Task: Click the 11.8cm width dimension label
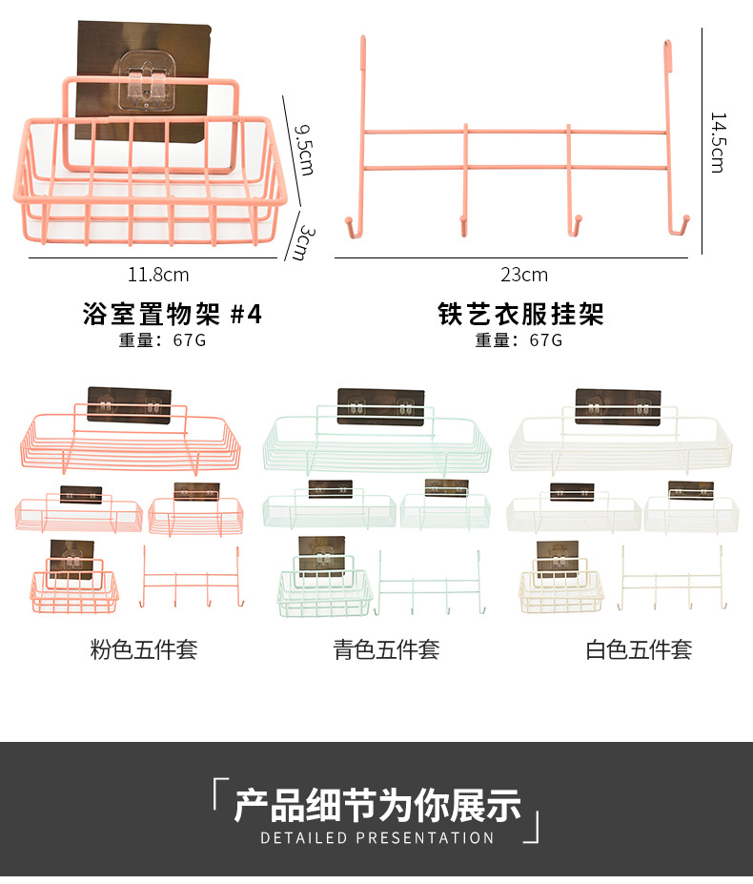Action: (159, 275)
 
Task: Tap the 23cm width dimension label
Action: (524, 275)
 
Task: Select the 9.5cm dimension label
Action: (303, 148)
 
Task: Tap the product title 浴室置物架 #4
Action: (172, 314)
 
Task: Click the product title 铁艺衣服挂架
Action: (520, 314)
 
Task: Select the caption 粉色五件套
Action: (144, 650)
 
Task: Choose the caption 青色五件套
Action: (386, 650)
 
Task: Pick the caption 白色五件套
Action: (638, 650)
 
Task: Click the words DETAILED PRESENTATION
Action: (377, 837)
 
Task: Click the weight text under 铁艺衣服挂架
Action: (519, 340)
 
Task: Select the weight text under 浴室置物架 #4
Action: (162, 340)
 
